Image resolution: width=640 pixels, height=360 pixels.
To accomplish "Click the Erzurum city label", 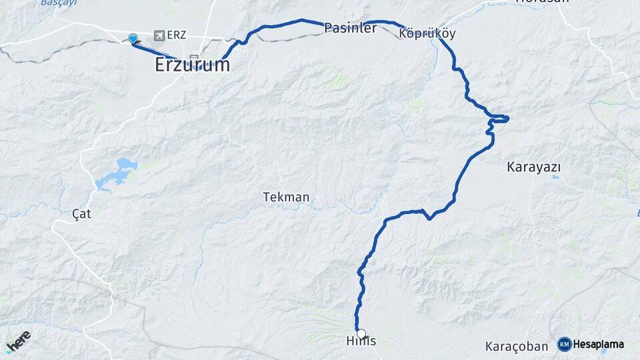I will pos(192,65).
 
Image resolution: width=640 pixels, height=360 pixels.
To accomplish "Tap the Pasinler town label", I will pos(351,28).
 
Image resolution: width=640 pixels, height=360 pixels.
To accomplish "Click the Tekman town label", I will pos(286,197).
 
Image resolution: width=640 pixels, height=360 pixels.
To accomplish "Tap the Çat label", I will pos(81,214).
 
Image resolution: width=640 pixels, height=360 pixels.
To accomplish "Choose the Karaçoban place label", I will pos(516,346).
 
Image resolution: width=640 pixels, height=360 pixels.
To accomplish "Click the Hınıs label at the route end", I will pos(361,341).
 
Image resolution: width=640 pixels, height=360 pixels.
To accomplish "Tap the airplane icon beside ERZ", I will pos(159,35).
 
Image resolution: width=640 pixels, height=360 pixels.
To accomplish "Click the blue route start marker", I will pos(133,39).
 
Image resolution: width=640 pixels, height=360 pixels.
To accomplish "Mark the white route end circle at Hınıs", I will pos(361,333).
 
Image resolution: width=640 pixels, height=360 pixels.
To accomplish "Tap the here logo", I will pos(19,341).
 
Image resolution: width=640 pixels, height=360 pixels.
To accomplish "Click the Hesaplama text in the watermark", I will pos(598,344).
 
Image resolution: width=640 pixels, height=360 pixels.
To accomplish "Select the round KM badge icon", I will pos(564,344).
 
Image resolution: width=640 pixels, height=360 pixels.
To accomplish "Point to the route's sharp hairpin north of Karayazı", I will pos(506,119).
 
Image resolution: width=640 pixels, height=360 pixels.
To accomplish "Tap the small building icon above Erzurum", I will pos(194,57).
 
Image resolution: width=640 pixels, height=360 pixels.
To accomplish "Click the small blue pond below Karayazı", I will pos(555,177).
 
